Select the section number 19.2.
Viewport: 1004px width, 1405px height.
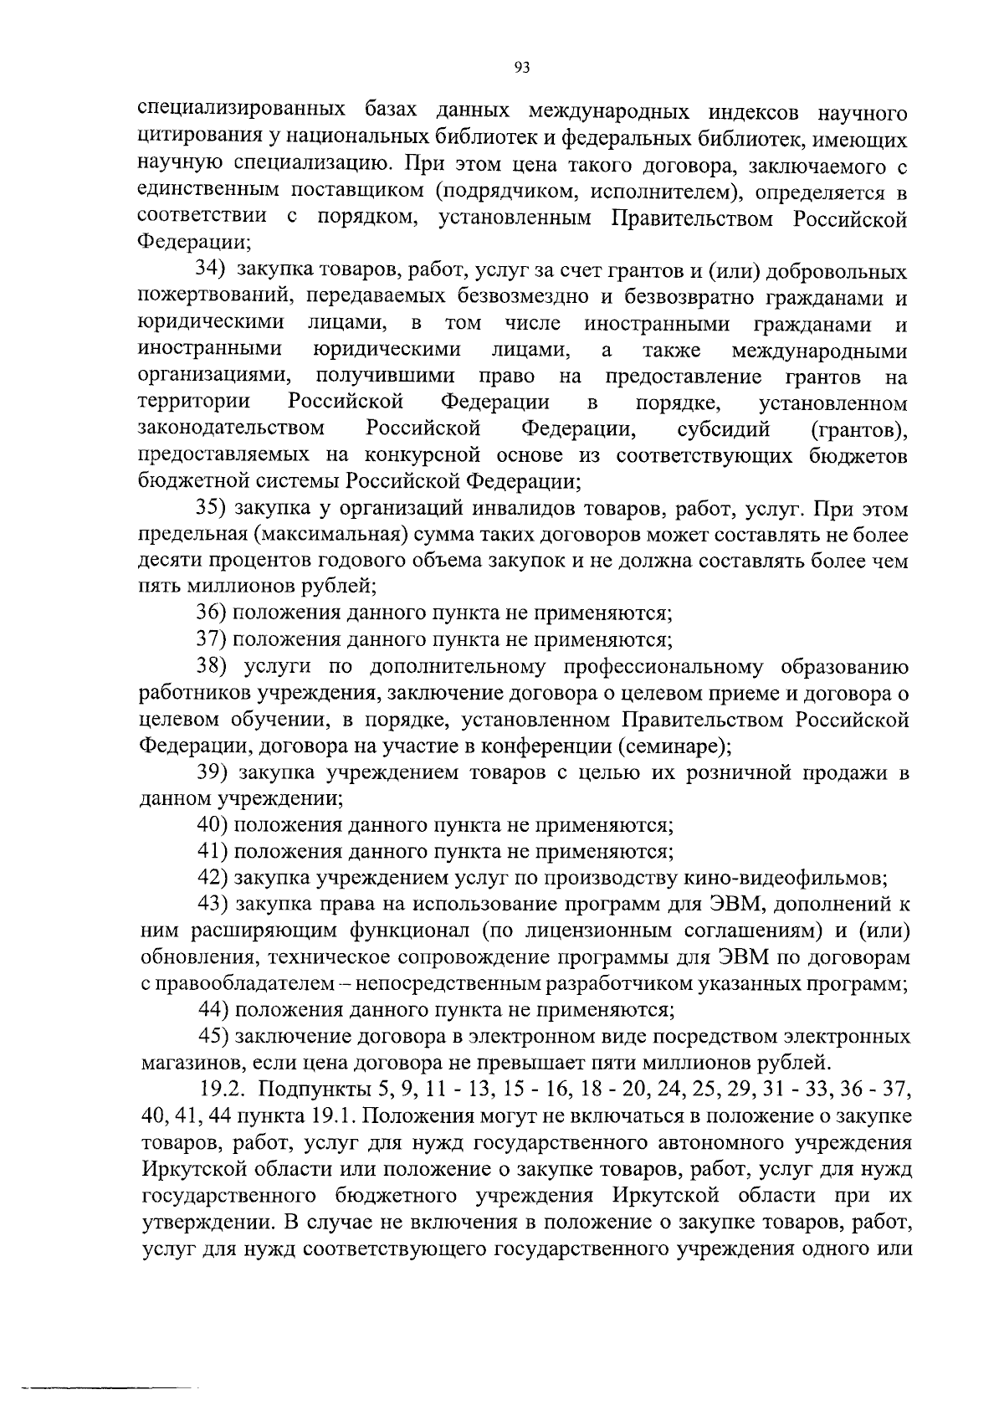point(223,1090)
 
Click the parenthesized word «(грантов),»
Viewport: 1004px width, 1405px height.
point(860,430)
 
